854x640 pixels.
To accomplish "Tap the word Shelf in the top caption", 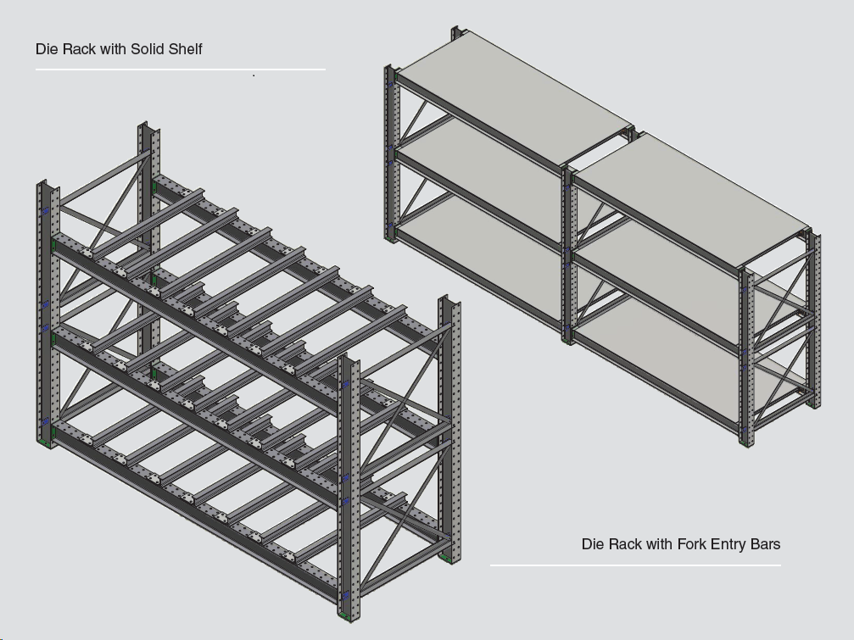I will pos(186,48).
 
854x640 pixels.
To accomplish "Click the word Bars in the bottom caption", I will pos(766,543).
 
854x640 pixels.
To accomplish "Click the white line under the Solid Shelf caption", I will pos(180,70).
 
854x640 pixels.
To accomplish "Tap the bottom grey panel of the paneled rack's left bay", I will pos(475,254).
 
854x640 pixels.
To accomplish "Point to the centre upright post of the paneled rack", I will pos(567,254).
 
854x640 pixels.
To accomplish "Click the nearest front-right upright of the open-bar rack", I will pos(347,483).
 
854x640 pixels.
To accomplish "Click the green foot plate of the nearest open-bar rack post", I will pos(346,612).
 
